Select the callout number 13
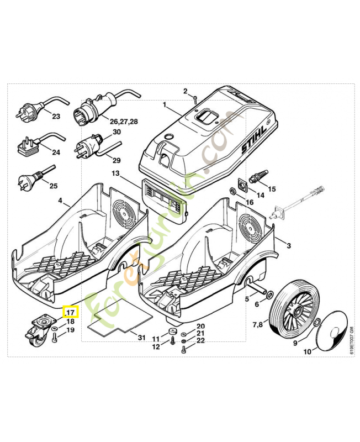115,173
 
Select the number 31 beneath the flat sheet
141,337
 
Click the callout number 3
287,244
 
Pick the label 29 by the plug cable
116,160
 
